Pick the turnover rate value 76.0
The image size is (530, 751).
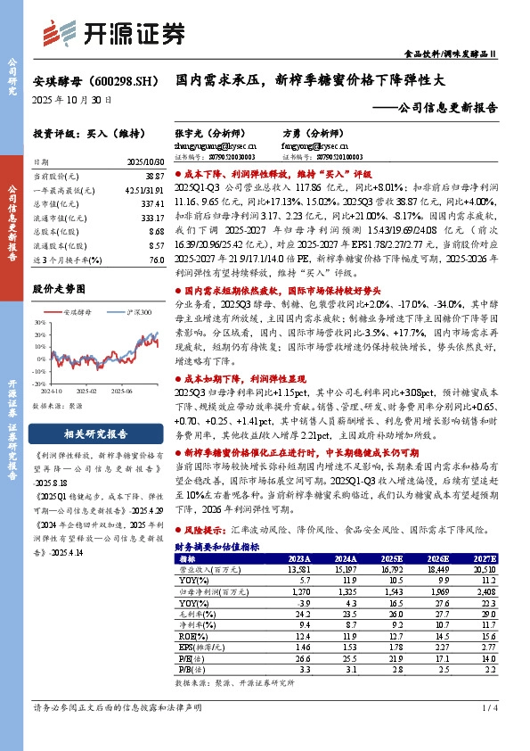[x=154, y=259]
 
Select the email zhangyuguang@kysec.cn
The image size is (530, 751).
[x=214, y=142]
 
